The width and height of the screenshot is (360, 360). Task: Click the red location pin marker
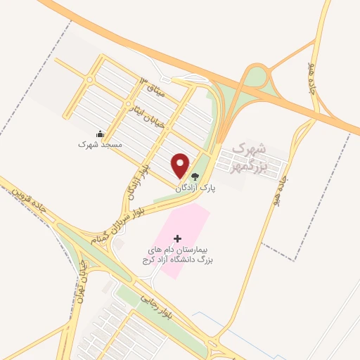(x=181, y=165)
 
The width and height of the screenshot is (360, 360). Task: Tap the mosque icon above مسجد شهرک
(x=100, y=134)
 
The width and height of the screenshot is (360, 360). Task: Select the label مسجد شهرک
(x=100, y=143)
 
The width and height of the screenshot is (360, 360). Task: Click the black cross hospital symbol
(x=177, y=239)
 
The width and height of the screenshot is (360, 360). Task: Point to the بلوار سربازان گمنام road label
(x=121, y=221)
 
